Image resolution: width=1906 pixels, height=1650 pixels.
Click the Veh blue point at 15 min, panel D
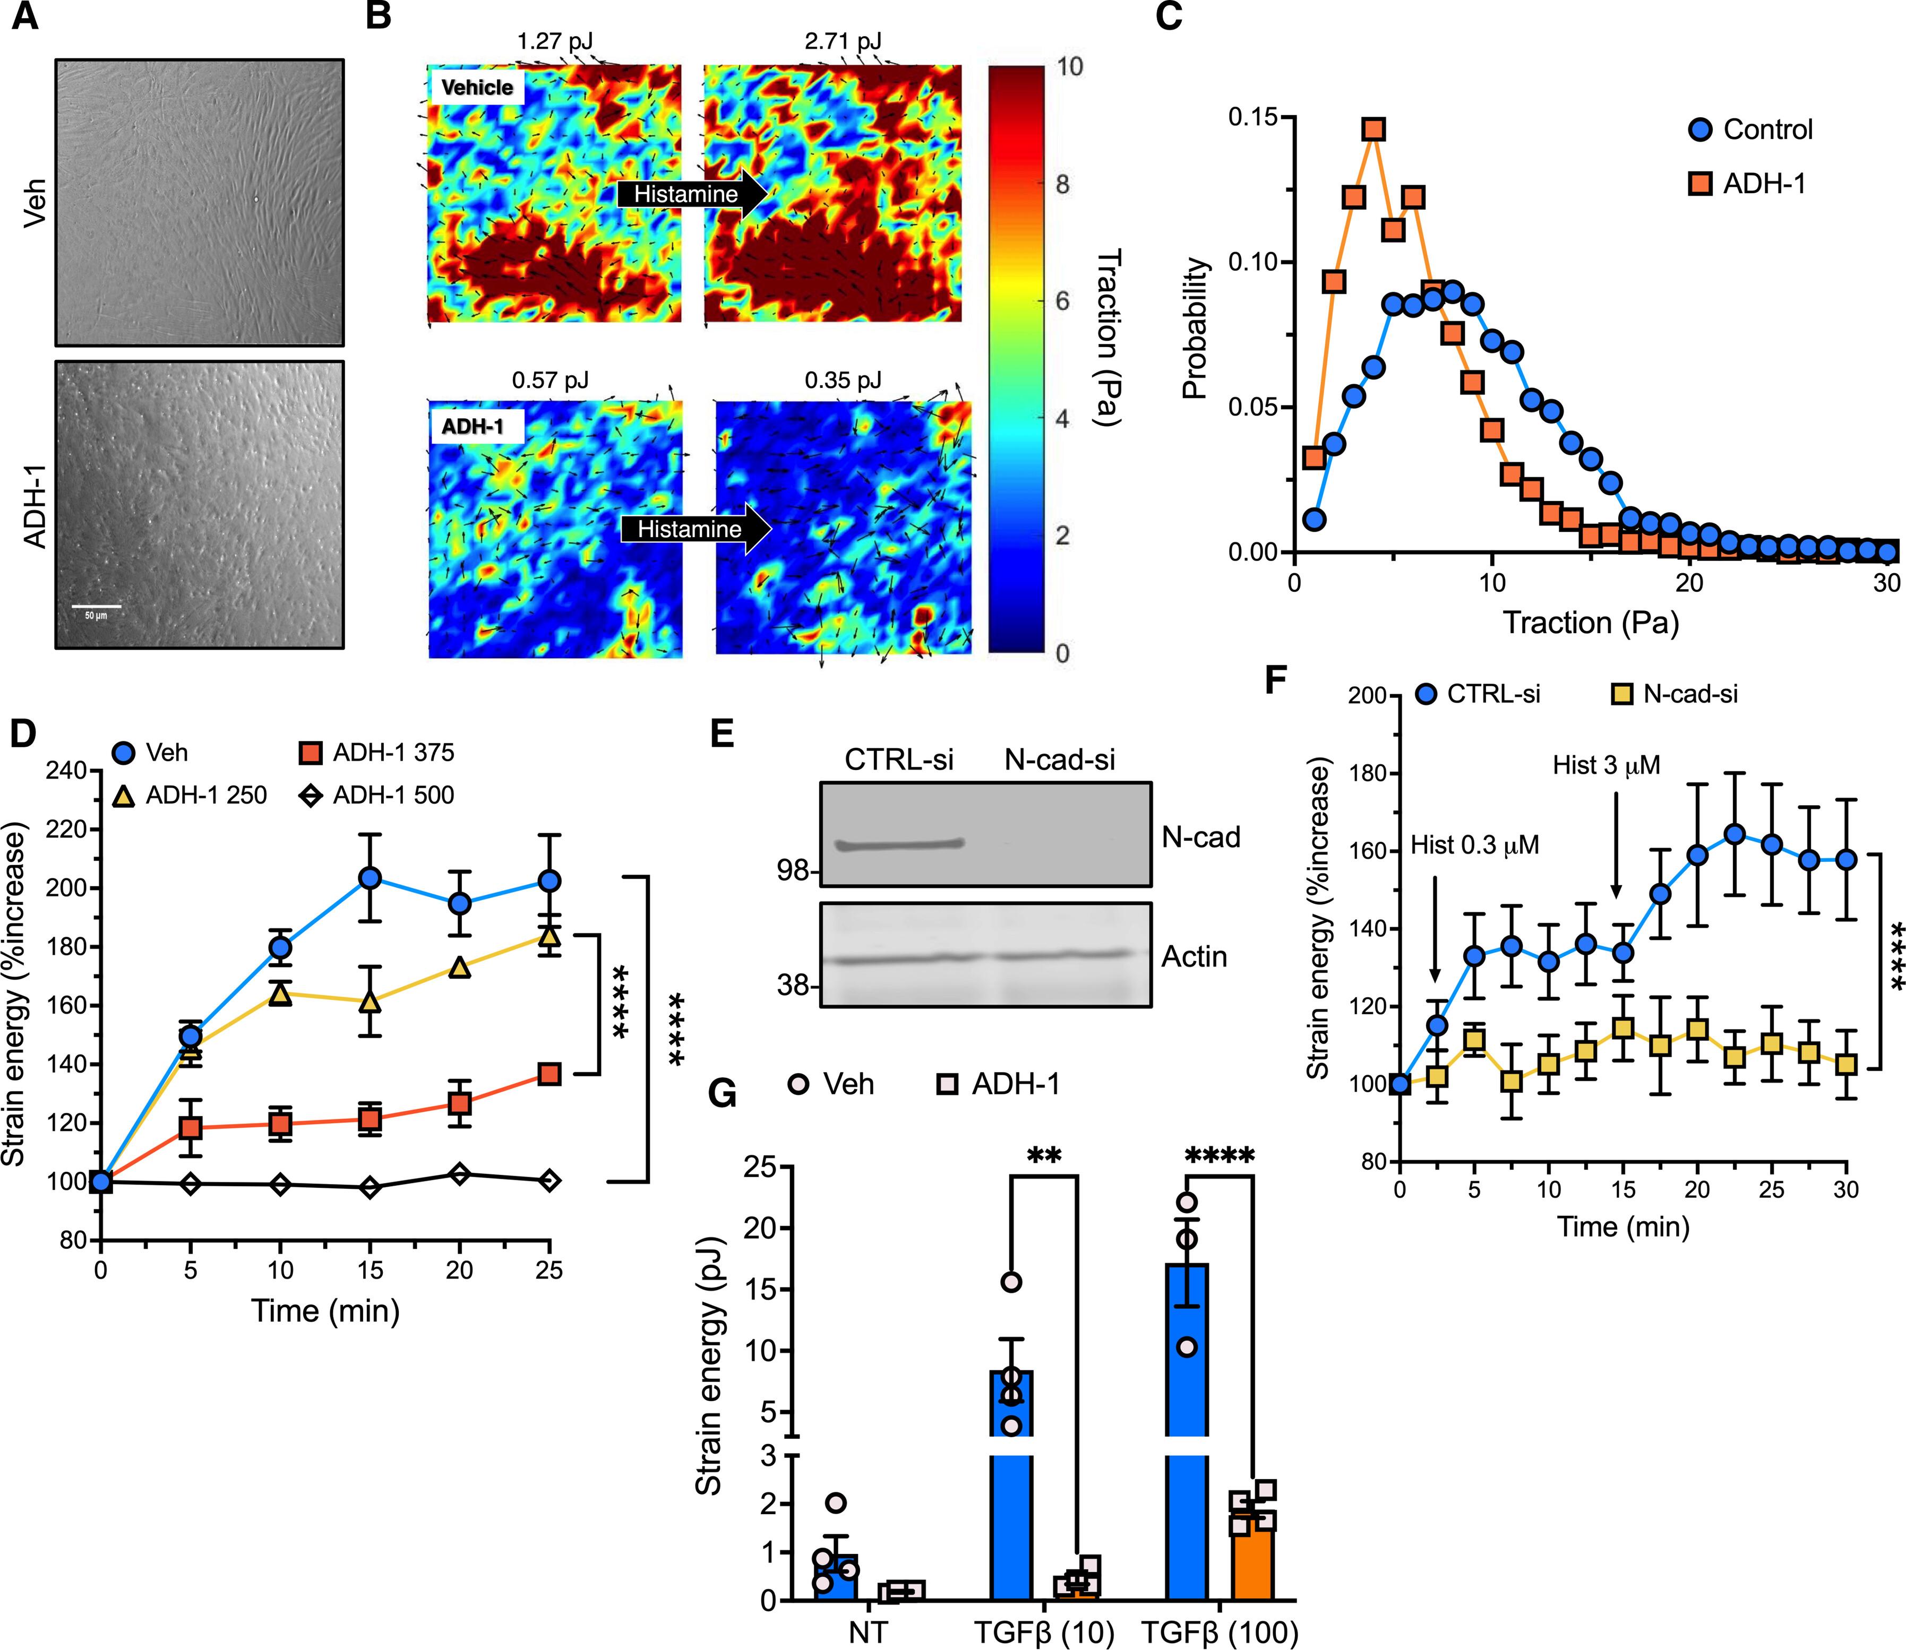(x=371, y=877)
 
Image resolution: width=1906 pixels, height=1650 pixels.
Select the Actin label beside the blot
(x=1194, y=957)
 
